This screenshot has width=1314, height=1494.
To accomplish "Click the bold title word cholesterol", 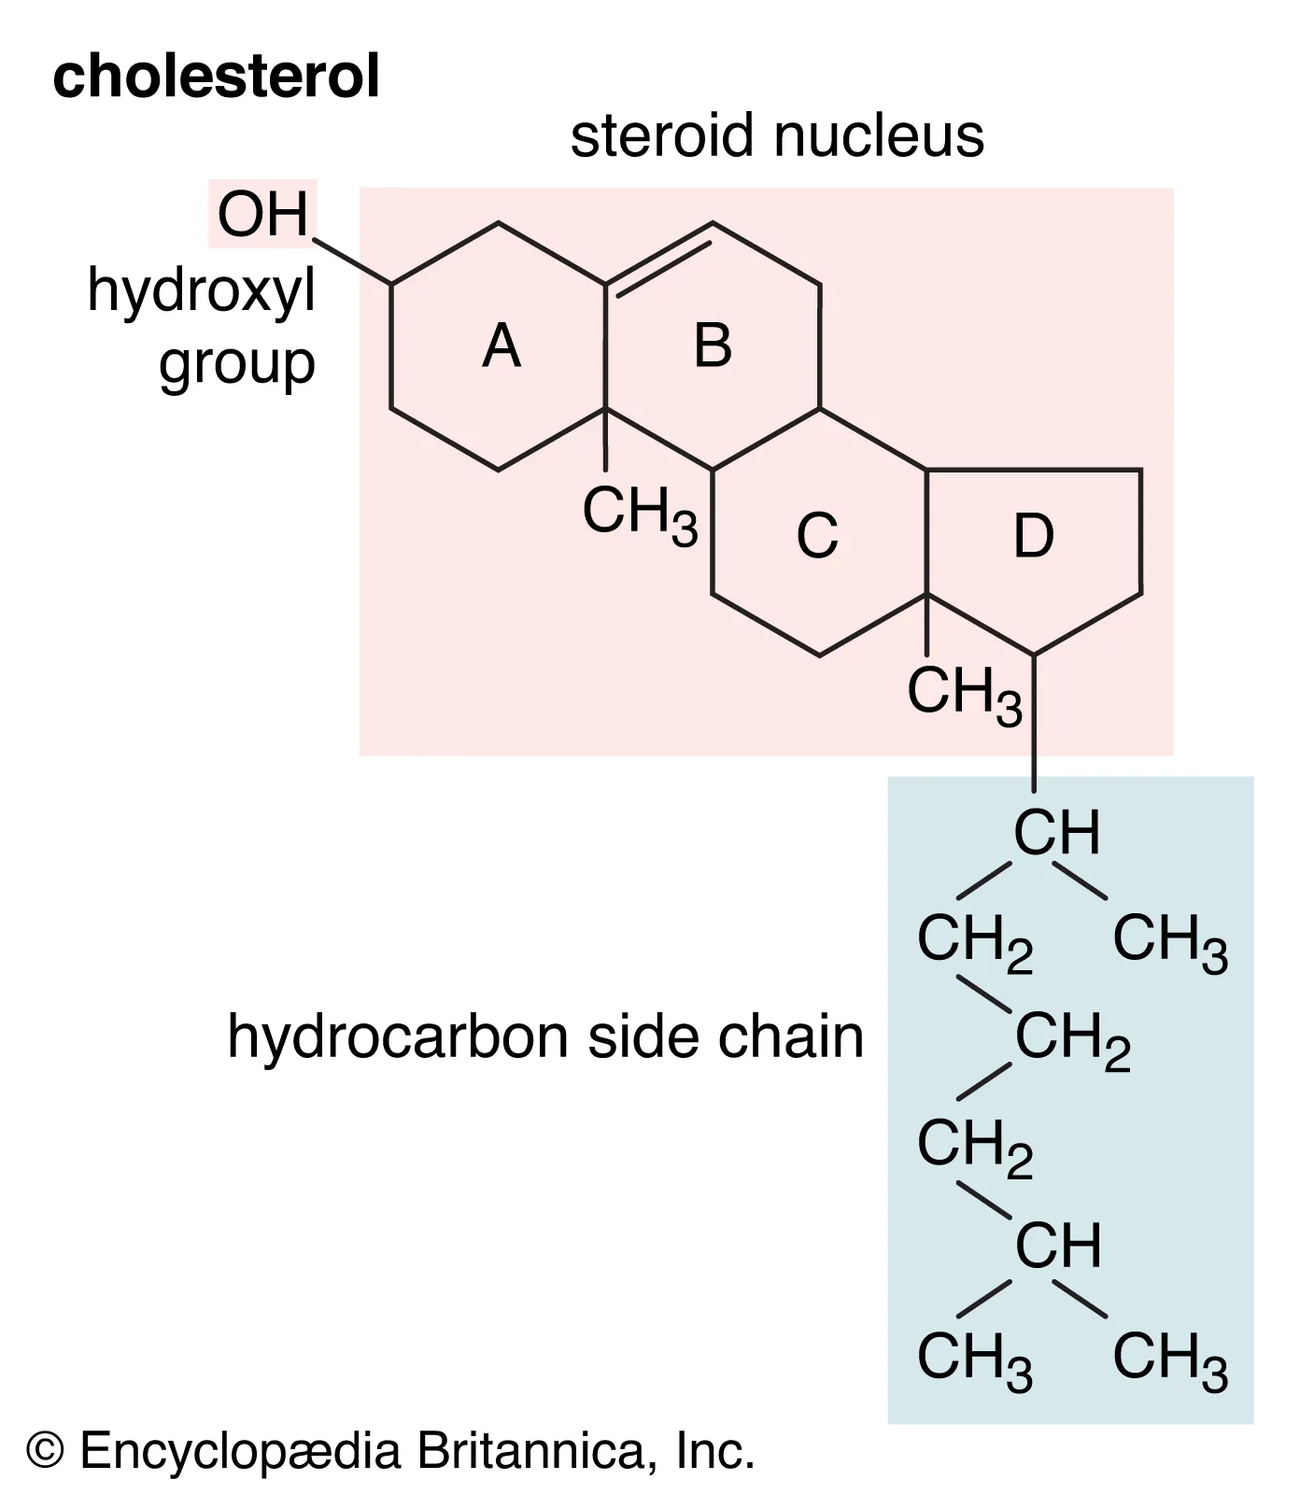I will (216, 77).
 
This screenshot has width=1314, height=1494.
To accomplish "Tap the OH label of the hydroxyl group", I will (262, 215).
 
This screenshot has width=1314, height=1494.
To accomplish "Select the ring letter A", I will (502, 346).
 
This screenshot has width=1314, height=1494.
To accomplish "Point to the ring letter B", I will (713, 345).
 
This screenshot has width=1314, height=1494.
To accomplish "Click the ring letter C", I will (817, 536).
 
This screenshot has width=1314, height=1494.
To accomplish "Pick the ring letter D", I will (1034, 536).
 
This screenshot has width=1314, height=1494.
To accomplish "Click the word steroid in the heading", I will (662, 136).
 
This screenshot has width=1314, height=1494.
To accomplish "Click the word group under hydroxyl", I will (237, 365).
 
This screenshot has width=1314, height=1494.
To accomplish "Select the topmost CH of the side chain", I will (1057, 832).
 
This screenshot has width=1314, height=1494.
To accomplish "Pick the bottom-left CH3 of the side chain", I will (974, 1359).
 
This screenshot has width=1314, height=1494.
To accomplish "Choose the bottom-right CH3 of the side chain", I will (1169, 1359).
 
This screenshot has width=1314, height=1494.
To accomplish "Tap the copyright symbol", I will (45, 1450).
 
